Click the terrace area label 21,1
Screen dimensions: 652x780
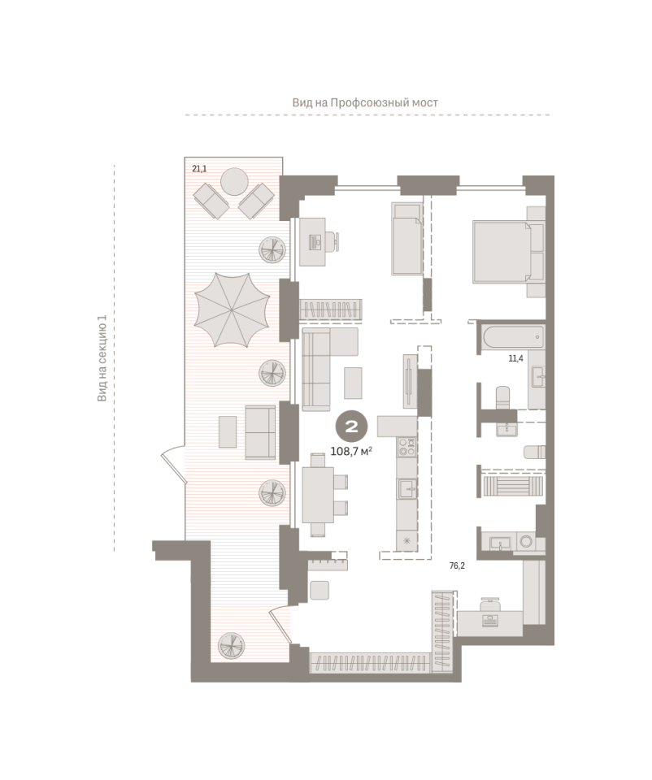199,169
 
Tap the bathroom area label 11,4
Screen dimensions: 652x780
515,358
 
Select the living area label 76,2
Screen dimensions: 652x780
457,565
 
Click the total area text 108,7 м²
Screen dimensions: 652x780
352,452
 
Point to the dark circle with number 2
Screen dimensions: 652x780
352,427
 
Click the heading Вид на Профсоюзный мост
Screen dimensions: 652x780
365,102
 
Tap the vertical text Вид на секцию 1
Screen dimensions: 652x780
102,358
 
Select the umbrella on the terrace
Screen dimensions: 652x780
232,310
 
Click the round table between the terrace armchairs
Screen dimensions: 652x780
234,182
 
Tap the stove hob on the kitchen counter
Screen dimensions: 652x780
406,446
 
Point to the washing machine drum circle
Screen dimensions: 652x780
526,541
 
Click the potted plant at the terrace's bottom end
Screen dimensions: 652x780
232,646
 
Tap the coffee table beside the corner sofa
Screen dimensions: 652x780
353,383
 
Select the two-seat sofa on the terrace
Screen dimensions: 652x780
260,432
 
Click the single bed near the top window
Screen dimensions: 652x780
406,238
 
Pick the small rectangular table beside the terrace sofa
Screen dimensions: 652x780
228,431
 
